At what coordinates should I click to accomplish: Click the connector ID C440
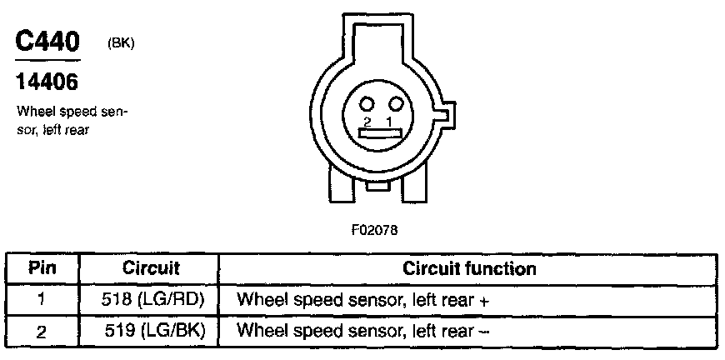(48, 42)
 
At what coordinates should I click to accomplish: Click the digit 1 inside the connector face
(389, 121)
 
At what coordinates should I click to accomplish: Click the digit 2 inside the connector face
(367, 121)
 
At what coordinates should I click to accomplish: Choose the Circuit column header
(152, 269)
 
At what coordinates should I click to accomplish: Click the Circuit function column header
(469, 269)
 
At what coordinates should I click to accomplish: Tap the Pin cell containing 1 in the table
(42, 300)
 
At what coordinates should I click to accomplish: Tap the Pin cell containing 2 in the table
(42, 331)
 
